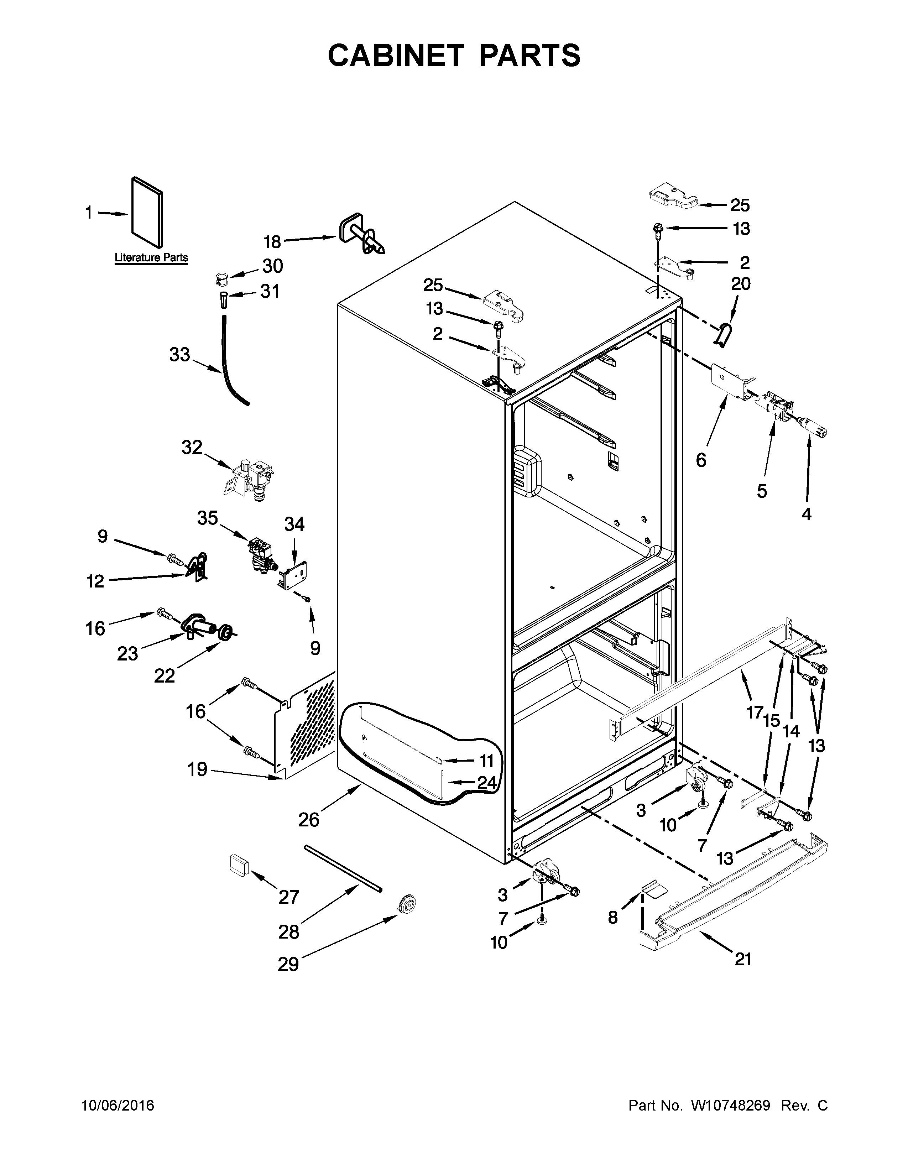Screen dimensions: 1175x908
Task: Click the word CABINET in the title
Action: click(395, 56)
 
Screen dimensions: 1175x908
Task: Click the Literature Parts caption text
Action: click(151, 258)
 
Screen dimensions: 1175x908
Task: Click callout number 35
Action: click(207, 518)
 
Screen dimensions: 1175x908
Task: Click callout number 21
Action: click(742, 959)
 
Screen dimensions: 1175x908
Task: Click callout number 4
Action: click(806, 515)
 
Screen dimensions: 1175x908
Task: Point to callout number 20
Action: click(741, 283)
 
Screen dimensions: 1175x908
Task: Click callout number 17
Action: click(754, 712)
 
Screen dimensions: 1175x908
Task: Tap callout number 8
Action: click(613, 918)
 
